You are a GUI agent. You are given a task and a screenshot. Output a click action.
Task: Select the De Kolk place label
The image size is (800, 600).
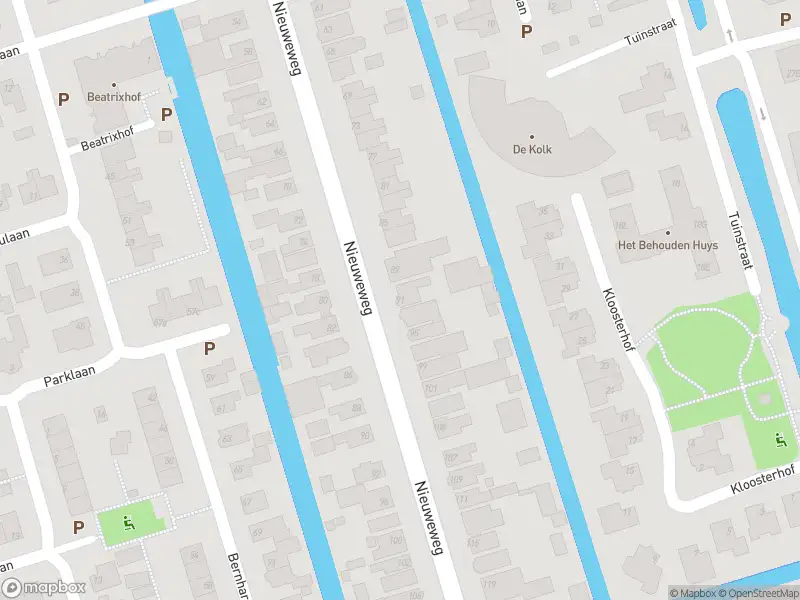531,150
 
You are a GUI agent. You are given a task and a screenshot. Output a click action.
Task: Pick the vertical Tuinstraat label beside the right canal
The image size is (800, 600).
739,238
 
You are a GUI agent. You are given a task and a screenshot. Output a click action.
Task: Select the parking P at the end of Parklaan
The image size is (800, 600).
210,348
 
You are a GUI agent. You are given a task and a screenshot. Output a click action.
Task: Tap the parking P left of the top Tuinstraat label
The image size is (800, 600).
526,31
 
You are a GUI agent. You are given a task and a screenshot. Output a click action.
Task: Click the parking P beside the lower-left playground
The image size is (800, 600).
78,526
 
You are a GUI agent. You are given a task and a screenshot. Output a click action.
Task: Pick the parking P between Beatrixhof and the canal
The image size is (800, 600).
166,114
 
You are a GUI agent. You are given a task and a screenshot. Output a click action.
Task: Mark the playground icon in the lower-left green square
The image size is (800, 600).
127,520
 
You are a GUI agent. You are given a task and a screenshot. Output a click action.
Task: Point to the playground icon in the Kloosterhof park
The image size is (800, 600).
781,438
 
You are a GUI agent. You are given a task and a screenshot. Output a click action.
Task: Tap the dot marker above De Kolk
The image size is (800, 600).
531,136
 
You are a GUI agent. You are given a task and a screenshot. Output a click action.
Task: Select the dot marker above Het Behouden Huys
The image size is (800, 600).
668,232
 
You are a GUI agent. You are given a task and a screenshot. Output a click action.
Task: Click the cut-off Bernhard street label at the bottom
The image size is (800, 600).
237,574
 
